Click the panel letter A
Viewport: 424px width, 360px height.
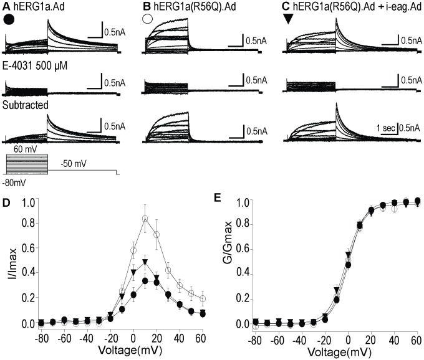(x=7, y=7)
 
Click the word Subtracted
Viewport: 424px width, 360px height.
(x=26, y=105)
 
